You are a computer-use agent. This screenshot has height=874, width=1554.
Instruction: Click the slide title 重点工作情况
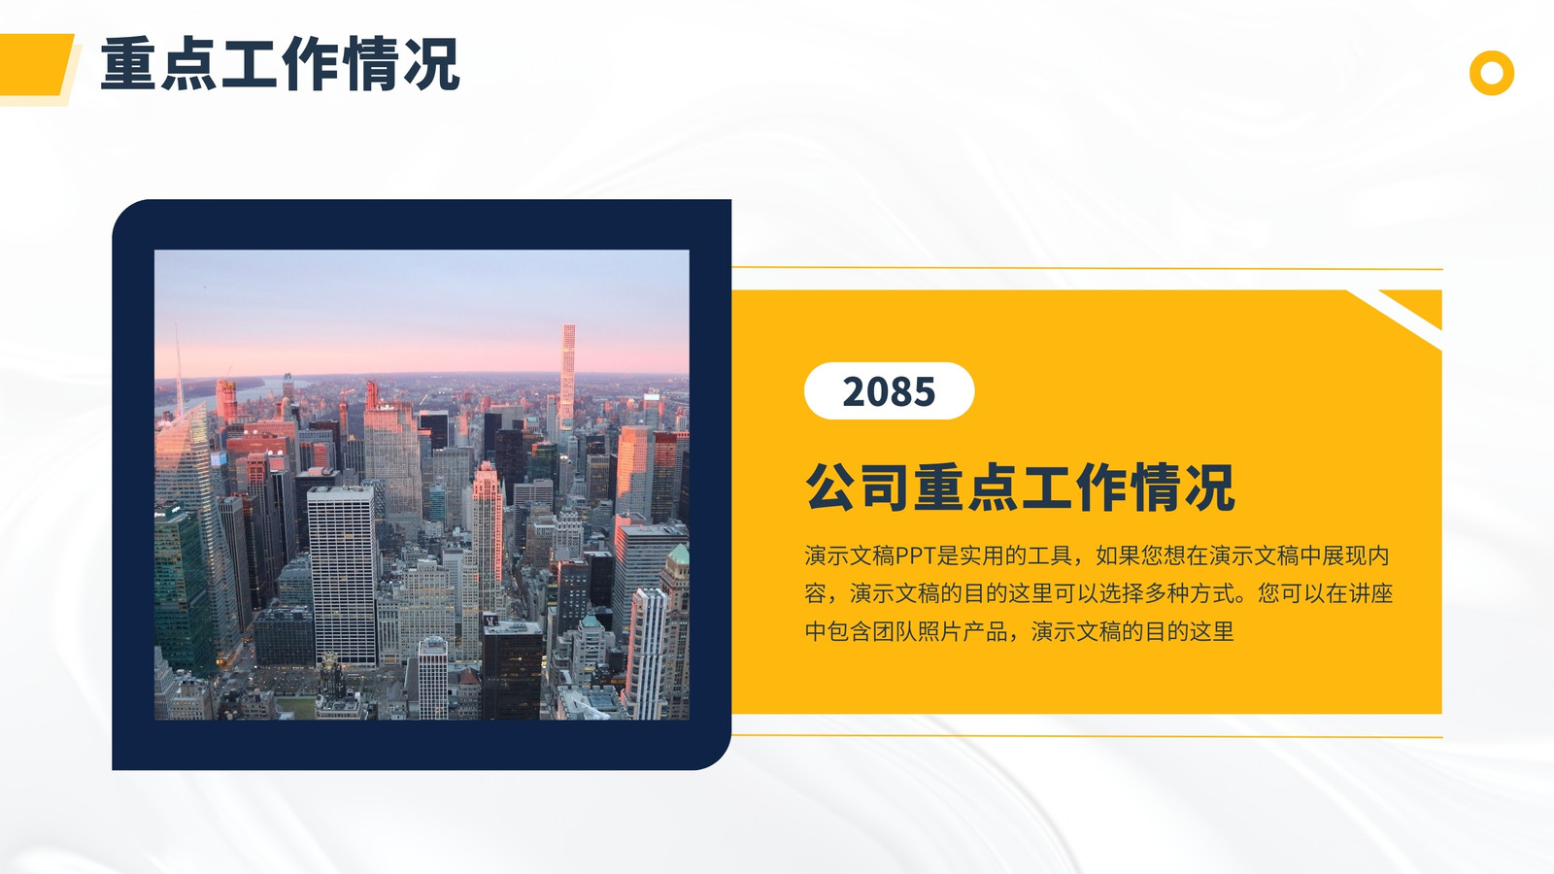coord(281,64)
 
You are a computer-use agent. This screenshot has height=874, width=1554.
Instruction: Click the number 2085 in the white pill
coord(889,392)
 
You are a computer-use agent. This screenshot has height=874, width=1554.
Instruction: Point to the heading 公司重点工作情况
coord(1020,487)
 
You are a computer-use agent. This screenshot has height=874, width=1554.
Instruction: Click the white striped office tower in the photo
coord(343,576)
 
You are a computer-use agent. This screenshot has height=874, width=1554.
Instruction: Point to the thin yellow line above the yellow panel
coord(1087,268)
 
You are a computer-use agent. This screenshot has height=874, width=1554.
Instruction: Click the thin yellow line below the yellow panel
coord(1087,736)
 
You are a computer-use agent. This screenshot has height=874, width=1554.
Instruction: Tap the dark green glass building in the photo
coord(182,589)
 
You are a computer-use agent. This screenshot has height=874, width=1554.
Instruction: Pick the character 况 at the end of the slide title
coord(431,64)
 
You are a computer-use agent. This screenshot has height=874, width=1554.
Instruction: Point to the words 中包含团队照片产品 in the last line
coord(906,632)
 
